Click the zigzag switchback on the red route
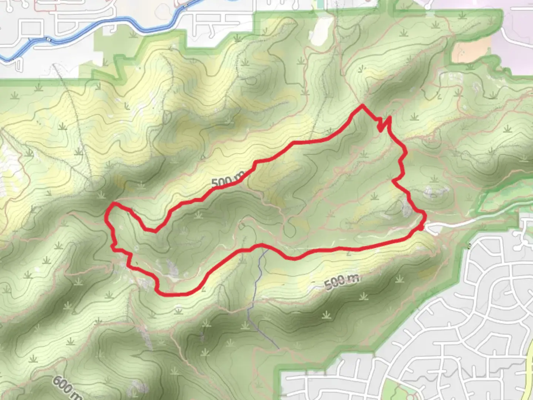coord(383,124)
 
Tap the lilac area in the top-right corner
coord(518,22)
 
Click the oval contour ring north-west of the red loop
coord(95,183)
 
